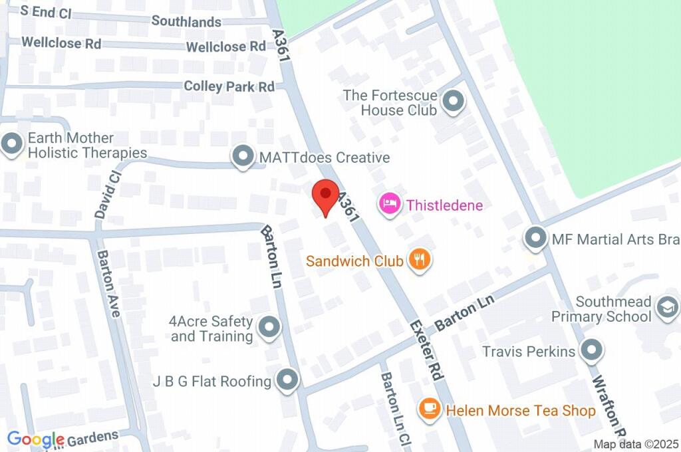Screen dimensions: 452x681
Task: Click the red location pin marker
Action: (325, 195)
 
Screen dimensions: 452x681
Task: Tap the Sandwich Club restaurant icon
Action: (419, 260)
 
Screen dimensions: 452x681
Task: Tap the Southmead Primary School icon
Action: (664, 308)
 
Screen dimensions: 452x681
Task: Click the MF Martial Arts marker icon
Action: (535, 238)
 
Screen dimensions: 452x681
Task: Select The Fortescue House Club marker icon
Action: (454, 102)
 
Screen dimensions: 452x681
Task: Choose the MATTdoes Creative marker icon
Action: (243, 157)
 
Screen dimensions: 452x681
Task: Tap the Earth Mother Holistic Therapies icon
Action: (12, 145)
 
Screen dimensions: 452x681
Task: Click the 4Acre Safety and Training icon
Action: (269, 328)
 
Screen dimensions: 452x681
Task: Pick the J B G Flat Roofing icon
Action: (287, 380)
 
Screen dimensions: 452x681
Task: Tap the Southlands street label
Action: (186, 21)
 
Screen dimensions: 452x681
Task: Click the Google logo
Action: (35, 439)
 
